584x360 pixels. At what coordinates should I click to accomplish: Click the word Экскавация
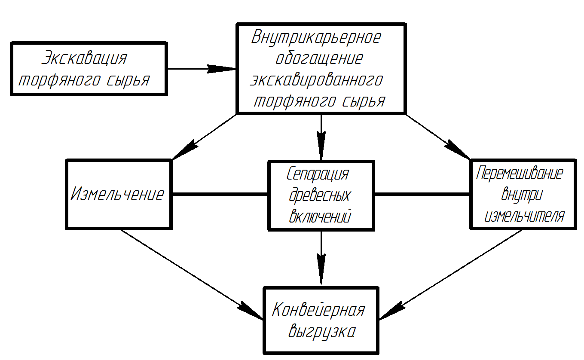tap(84, 58)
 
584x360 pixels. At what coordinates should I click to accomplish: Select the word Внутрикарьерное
tap(316, 37)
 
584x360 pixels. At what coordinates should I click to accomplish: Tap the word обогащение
tap(319, 58)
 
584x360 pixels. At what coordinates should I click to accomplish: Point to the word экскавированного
tap(317, 79)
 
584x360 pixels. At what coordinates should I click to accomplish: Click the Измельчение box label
tap(117, 194)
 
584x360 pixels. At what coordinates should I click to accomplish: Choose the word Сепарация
tap(318, 174)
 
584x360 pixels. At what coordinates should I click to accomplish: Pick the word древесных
tap(320, 195)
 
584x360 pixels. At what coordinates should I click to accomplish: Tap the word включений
tap(320, 216)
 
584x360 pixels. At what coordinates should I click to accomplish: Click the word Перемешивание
tap(520, 174)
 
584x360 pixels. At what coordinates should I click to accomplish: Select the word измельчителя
tap(525, 216)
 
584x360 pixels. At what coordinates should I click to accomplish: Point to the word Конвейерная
tap(318, 309)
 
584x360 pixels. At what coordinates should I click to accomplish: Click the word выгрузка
tap(322, 332)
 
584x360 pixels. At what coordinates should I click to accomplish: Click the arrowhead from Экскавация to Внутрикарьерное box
tap(222, 69)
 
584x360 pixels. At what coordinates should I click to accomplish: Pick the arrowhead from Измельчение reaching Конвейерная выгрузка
tap(250, 310)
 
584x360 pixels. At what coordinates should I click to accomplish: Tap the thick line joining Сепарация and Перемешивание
tap(422, 194)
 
